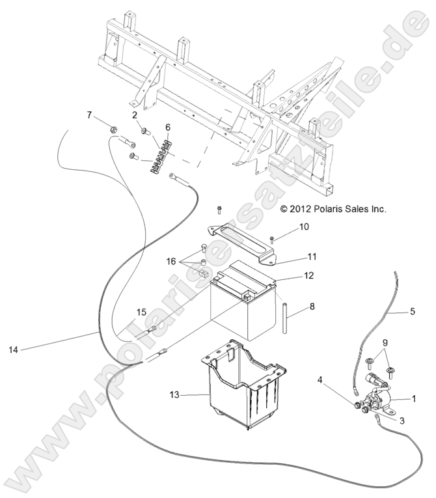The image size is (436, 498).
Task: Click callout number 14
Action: [15, 350]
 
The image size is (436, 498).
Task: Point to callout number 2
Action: [134, 115]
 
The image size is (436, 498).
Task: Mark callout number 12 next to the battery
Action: [308, 275]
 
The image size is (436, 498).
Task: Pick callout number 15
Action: [142, 311]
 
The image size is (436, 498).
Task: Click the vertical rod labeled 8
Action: [284, 316]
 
